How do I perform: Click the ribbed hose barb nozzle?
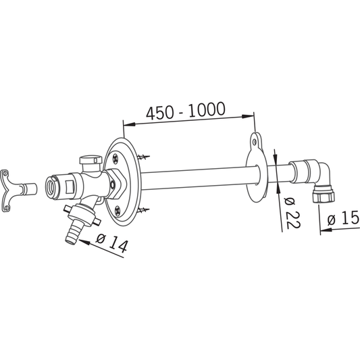(x=72, y=231)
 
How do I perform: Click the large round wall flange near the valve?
(x=122, y=179)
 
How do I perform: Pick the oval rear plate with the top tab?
(x=255, y=169)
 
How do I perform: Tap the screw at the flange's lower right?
(x=143, y=213)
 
